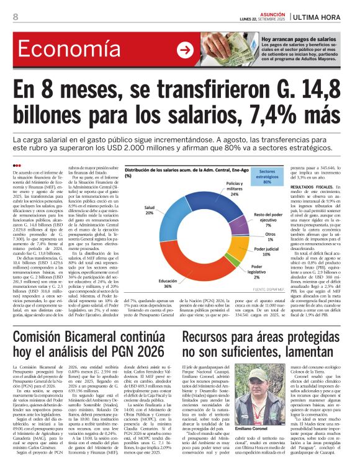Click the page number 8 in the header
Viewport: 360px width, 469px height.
click(x=15, y=17)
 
